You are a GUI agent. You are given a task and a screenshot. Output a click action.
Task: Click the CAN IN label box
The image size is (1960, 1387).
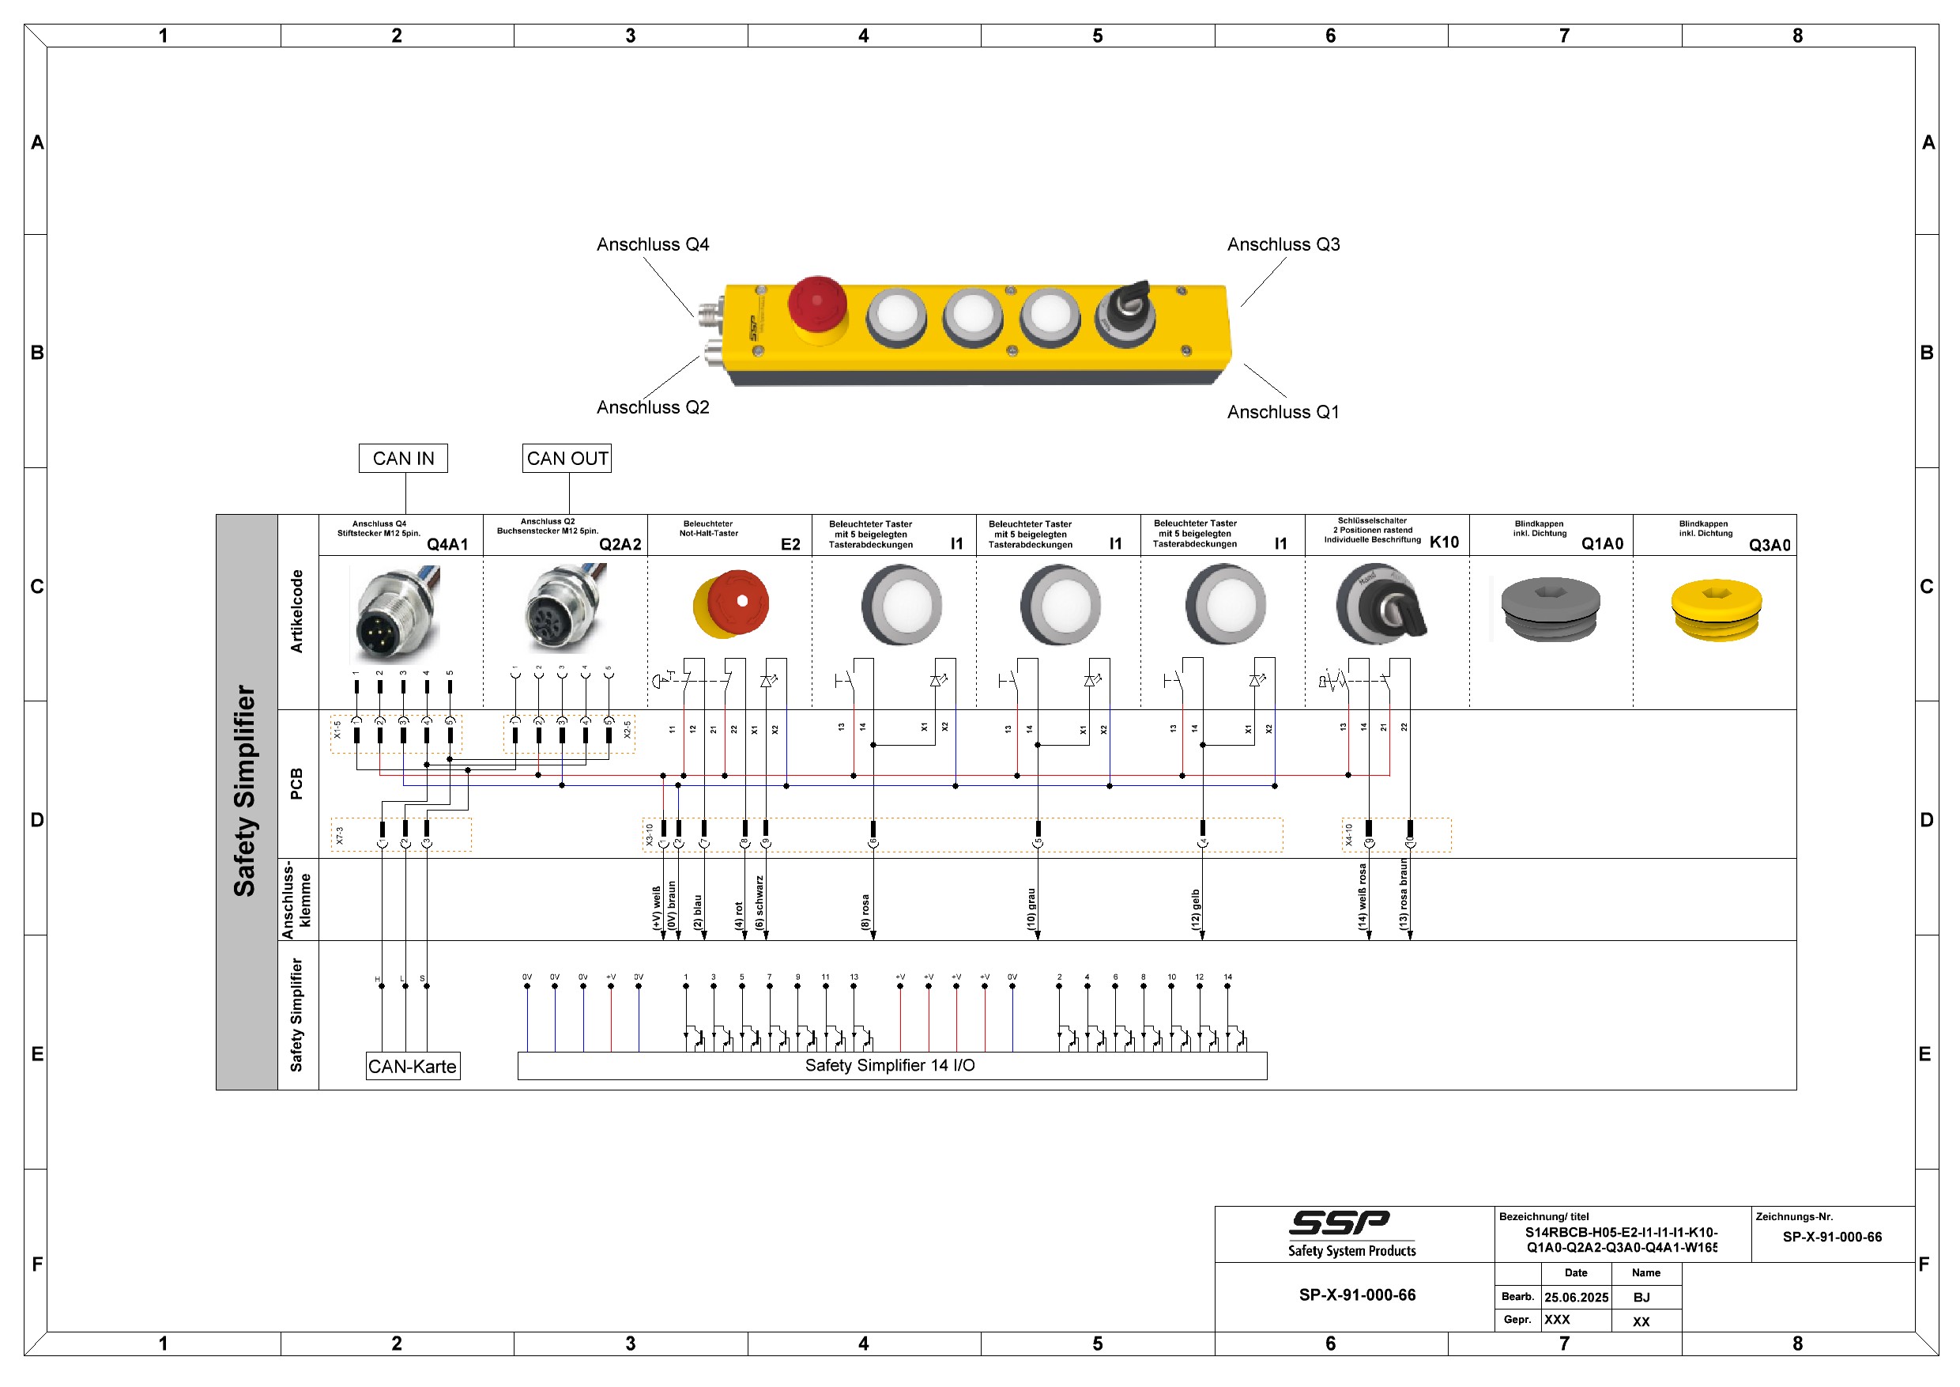tap(403, 459)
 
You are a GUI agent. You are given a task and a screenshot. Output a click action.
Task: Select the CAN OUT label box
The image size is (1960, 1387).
tap(567, 459)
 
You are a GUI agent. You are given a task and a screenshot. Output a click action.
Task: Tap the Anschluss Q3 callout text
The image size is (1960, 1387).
tap(1283, 244)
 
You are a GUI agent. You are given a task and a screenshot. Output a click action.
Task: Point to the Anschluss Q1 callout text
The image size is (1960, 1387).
tap(1283, 412)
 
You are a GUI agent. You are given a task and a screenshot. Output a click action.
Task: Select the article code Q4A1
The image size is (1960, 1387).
tap(447, 544)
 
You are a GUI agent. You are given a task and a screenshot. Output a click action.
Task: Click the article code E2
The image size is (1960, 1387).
tap(790, 544)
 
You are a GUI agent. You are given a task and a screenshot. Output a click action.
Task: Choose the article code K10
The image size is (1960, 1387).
tap(1445, 542)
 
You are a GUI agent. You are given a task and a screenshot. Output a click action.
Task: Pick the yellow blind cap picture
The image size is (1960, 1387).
tap(1716, 610)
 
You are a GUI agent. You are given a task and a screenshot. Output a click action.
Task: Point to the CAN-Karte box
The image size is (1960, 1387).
tap(413, 1066)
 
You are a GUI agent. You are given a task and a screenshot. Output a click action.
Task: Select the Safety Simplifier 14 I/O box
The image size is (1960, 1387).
tap(891, 1066)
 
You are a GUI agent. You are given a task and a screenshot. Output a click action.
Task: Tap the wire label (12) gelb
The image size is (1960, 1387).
tap(1196, 910)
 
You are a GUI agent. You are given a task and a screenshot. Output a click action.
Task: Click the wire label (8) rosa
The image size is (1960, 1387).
tap(865, 912)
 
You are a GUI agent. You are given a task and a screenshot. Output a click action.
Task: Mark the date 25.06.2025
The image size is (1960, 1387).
tap(1576, 1298)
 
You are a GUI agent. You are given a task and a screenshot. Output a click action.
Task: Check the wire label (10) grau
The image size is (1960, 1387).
tap(1031, 910)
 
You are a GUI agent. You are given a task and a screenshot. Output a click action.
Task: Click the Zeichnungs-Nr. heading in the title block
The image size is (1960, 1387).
tap(1794, 1216)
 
